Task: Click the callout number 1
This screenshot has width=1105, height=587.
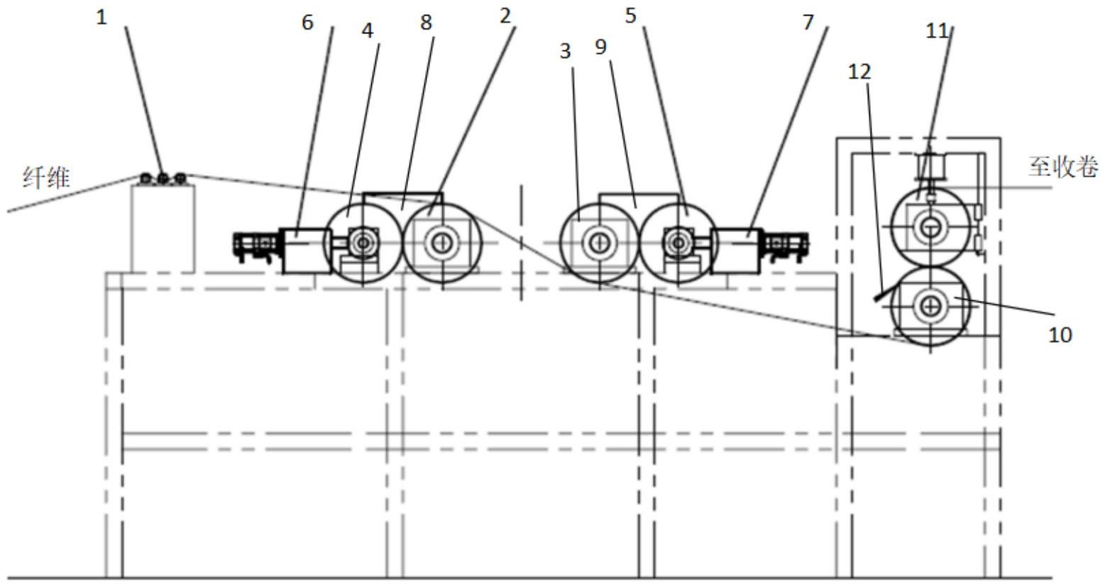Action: (102, 17)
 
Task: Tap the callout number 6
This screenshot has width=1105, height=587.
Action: (307, 22)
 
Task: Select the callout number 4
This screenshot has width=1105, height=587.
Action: (368, 31)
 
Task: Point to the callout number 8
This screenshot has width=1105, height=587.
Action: (426, 22)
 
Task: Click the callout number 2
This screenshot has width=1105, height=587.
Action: (505, 15)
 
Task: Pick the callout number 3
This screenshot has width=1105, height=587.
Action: (566, 52)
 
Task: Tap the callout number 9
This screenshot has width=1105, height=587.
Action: (600, 48)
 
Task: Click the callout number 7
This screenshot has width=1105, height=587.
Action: (808, 22)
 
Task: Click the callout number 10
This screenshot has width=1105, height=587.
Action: (1060, 334)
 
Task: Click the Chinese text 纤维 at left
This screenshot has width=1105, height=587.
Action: (47, 178)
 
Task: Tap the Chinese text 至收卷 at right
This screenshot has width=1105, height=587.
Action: (1063, 168)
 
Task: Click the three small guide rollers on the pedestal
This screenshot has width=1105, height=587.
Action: (163, 178)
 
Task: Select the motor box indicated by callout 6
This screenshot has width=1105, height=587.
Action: (305, 250)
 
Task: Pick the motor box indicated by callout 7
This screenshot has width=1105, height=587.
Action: (738, 250)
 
